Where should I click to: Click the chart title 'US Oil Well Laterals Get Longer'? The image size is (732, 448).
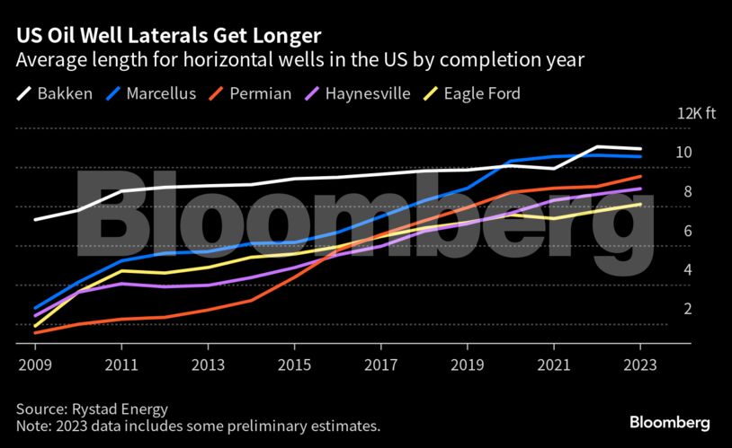click(166, 36)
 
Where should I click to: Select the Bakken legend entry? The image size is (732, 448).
click(54, 93)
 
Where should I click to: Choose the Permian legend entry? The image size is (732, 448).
click(250, 93)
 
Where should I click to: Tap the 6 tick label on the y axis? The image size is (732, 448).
click(687, 231)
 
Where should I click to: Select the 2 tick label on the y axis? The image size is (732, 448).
click(687, 309)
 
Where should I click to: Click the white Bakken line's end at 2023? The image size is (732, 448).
click(640, 149)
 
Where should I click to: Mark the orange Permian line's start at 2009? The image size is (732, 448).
click(35, 333)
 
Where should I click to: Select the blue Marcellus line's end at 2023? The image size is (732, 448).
click(640, 156)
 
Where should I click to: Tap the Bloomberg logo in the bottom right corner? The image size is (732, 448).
click(669, 422)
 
